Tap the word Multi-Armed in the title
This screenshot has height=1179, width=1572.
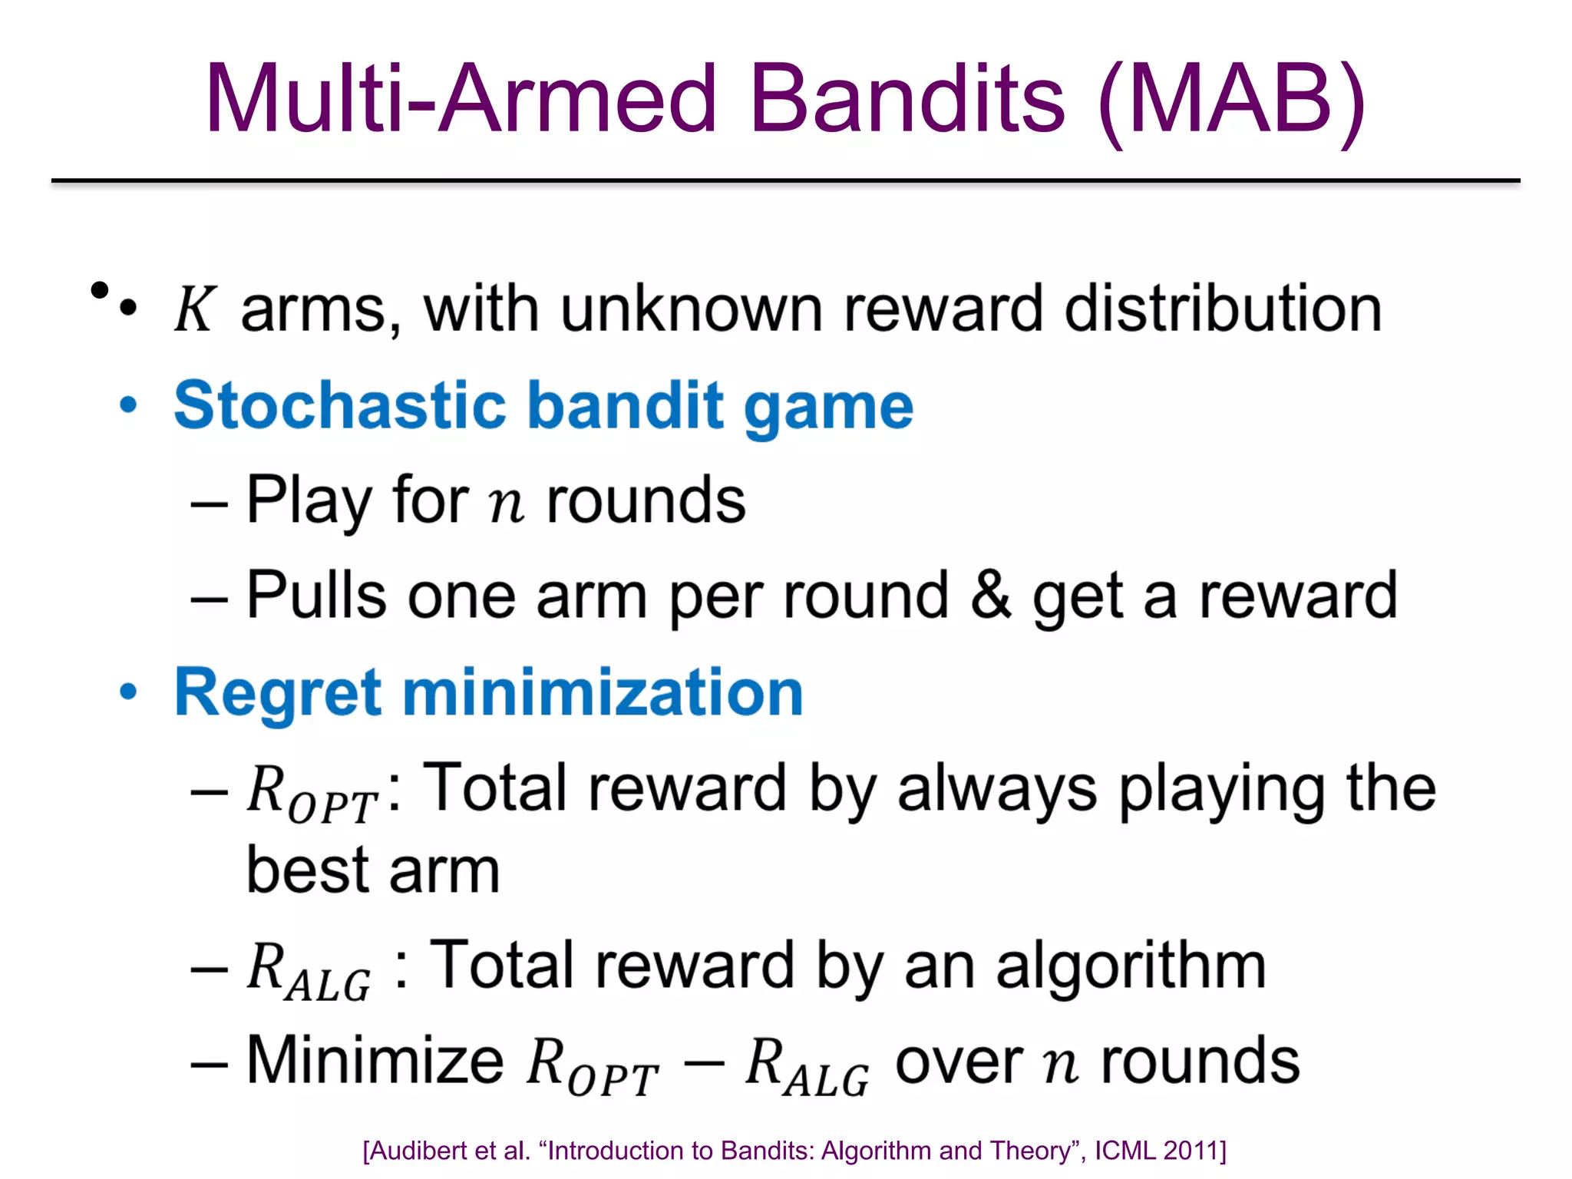point(461,100)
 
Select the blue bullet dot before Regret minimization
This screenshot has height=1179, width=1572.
point(128,692)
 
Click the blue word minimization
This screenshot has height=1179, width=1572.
point(603,692)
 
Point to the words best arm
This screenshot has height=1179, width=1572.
point(373,871)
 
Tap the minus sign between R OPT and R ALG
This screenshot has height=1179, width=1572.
point(702,1063)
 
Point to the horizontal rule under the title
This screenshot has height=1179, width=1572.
point(785,181)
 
